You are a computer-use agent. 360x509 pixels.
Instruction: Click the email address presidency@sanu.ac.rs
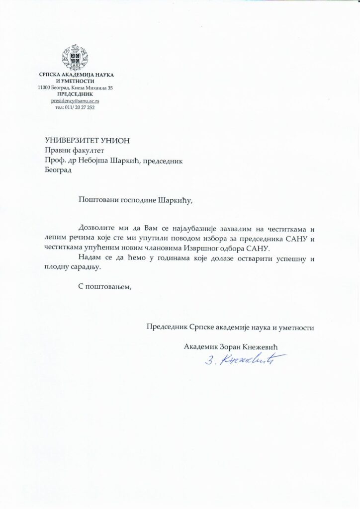pos(76,100)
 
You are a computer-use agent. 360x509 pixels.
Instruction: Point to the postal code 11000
pos(46,87)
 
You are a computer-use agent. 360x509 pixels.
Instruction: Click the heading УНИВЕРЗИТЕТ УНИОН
pos(87,140)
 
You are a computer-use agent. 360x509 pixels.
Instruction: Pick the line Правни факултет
pos(75,150)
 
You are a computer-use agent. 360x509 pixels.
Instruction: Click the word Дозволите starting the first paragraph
pos(98,229)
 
